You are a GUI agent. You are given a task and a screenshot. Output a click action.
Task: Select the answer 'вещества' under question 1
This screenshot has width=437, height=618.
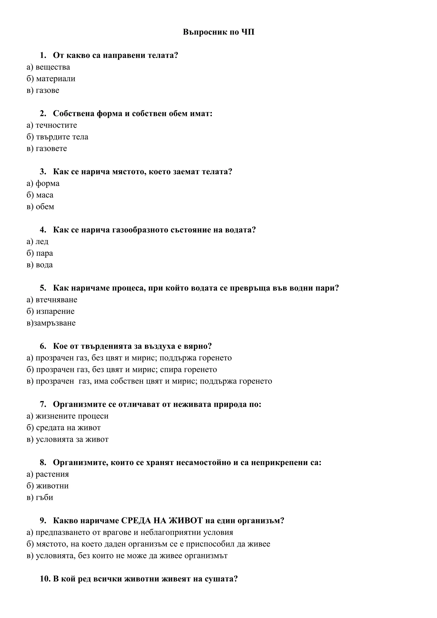pyautogui.click(x=52, y=67)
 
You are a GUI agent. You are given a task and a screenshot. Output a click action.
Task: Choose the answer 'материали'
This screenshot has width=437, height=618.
pyautogui.click(x=55, y=79)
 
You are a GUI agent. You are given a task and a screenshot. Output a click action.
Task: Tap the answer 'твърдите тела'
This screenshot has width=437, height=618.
pyautogui.click(x=62, y=137)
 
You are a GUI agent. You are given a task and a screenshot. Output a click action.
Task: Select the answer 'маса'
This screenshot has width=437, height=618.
pyautogui.click(x=44, y=195)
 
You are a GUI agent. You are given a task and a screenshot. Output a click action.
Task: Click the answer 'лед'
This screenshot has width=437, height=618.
pyautogui.click(x=42, y=241)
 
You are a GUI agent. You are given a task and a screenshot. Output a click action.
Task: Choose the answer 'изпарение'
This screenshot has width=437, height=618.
pyautogui.click(x=55, y=311)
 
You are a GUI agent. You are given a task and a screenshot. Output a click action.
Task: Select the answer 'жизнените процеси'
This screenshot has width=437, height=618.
pyautogui.click(x=72, y=416)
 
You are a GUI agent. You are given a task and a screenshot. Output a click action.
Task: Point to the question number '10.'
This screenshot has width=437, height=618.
pyautogui.click(x=45, y=579)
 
